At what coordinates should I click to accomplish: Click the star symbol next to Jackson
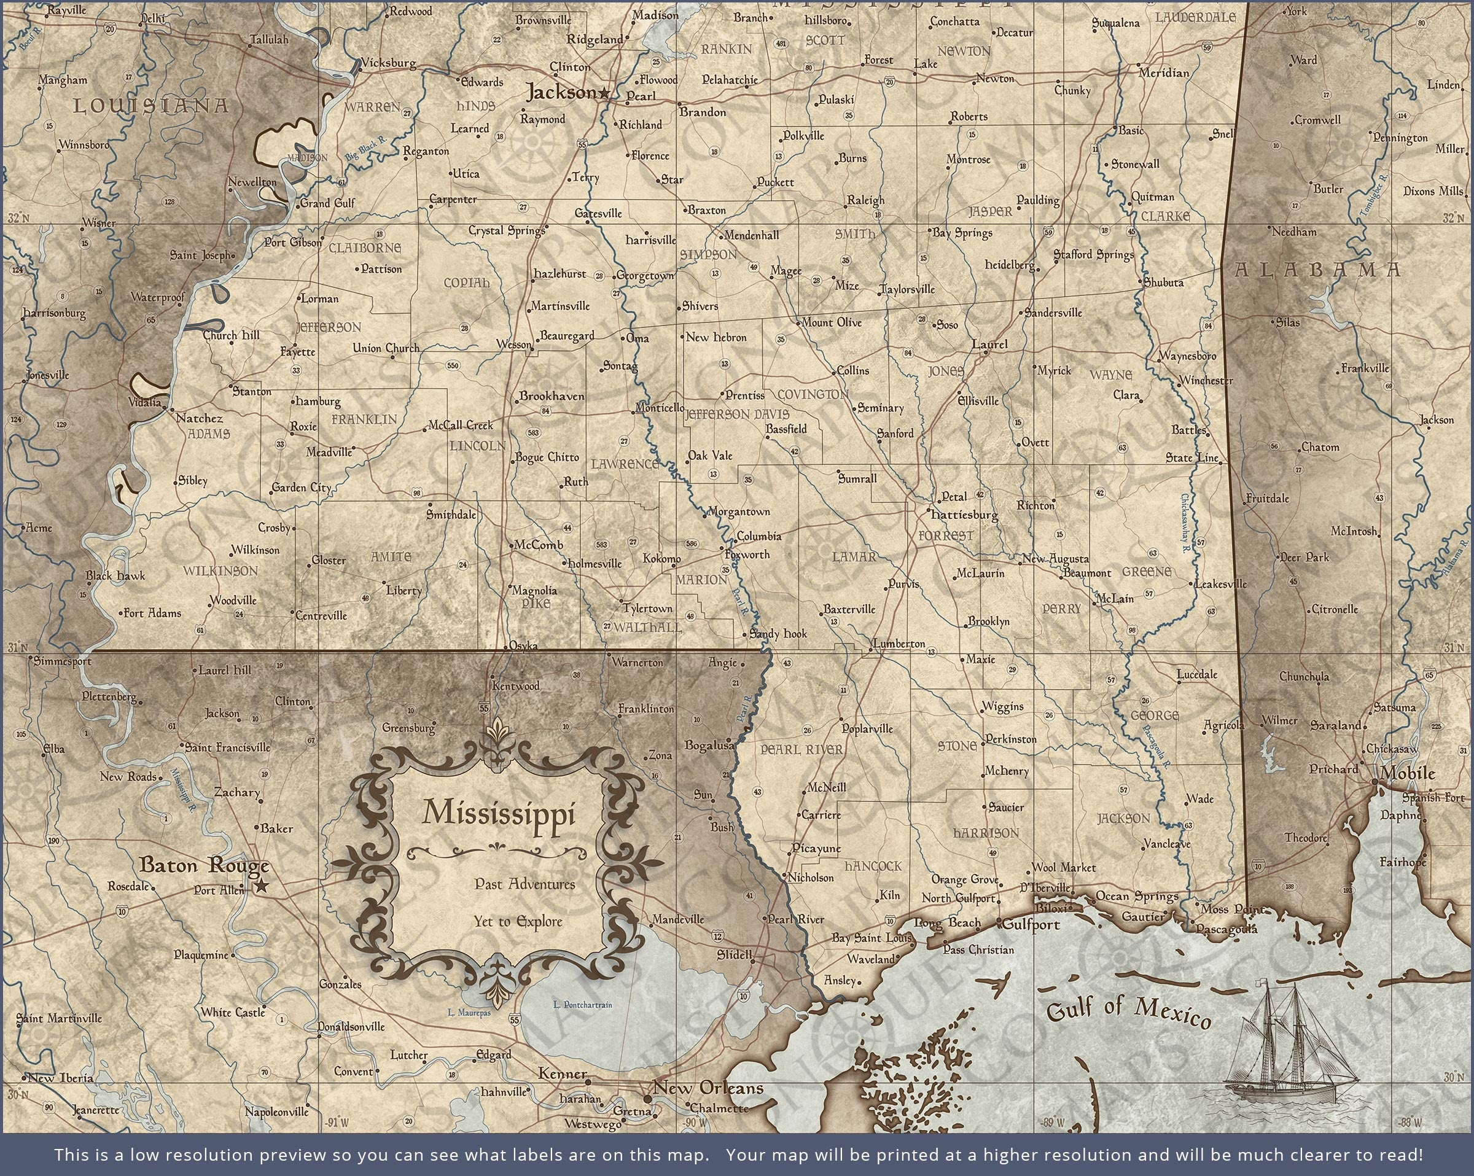[604, 93]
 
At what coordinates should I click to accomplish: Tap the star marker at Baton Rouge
[260, 887]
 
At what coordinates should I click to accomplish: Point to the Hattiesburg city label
[965, 514]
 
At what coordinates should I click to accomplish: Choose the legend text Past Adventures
[524, 884]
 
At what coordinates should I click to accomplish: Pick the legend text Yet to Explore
[518, 922]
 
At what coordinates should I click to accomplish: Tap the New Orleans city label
[708, 1087]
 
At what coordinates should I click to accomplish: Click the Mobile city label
[1407, 773]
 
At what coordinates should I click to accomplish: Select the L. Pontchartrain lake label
[582, 1005]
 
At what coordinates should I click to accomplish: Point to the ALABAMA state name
[1317, 270]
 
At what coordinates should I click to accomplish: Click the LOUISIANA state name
[150, 106]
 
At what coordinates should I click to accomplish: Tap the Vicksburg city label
[388, 63]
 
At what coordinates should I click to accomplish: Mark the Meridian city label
[1164, 72]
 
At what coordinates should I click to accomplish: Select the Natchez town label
[200, 418]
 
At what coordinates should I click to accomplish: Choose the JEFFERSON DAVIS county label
[737, 415]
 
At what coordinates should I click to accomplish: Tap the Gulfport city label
[1031, 924]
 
